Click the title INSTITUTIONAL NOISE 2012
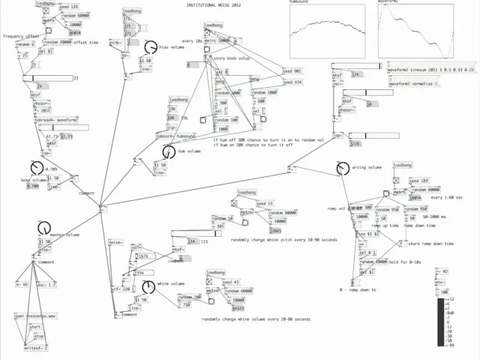[x=214, y=5]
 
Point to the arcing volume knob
[x=343, y=169]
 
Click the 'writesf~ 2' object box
[x=35, y=347]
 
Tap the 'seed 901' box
[x=292, y=70]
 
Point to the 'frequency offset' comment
[x=21, y=36]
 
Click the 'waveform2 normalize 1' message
[x=414, y=83]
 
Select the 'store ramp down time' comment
[x=430, y=244]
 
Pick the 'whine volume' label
[x=171, y=284]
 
